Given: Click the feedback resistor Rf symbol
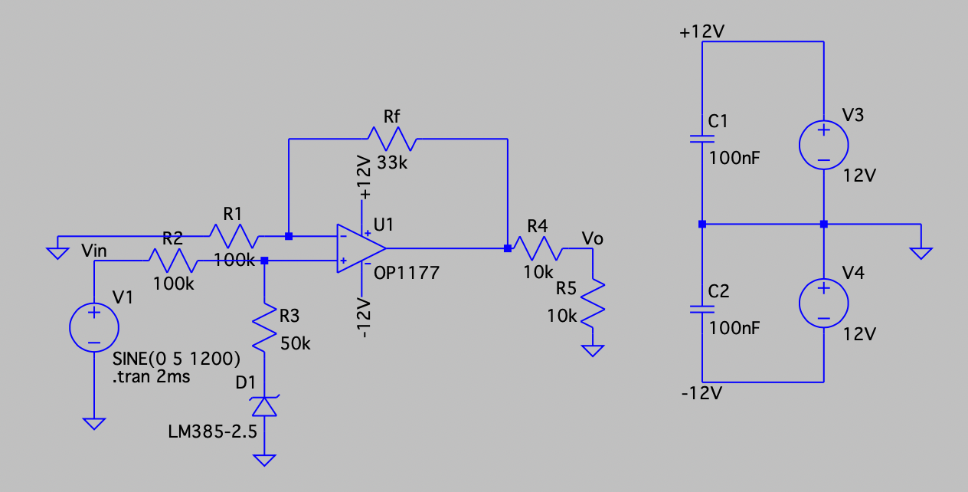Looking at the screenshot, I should coord(391,139).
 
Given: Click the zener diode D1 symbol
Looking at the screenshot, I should coord(264,405).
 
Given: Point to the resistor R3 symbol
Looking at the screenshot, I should coord(264,327).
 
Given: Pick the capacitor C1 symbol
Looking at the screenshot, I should coord(701,139).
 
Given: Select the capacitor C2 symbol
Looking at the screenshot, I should coord(701,310).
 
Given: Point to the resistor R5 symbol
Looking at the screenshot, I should coord(593,303).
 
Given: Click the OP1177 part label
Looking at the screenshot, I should coord(407,272).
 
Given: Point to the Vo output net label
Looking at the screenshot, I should coord(592,238).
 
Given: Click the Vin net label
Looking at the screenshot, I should coord(99,251).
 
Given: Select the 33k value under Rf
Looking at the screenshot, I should coord(392,162).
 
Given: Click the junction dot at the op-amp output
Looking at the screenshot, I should coord(508,248).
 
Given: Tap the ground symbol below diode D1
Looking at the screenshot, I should coord(264,460).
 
